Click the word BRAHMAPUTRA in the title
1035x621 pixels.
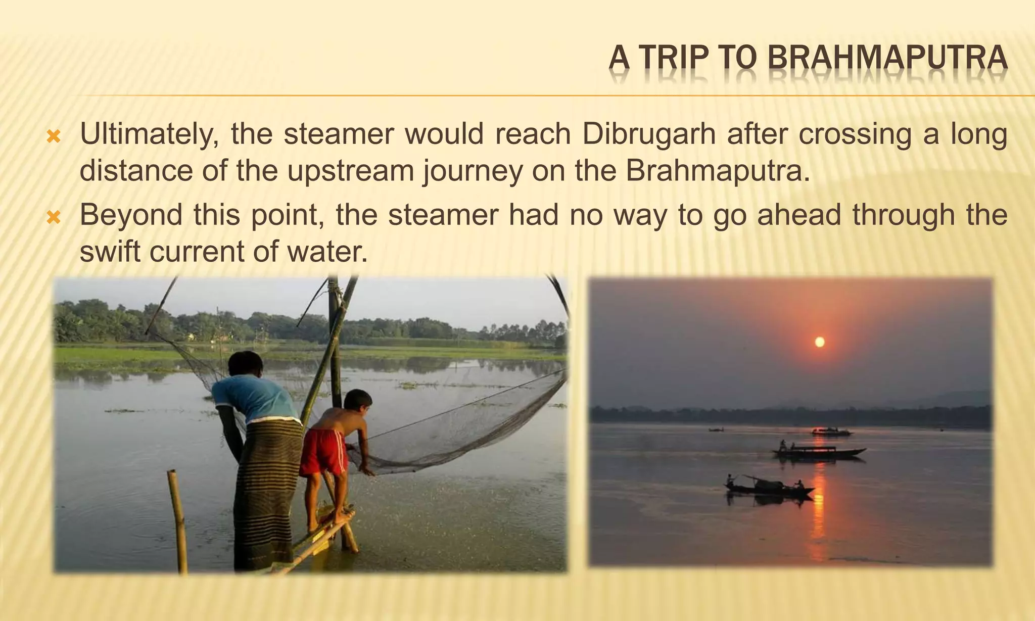coord(887,58)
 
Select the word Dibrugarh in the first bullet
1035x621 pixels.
coord(649,134)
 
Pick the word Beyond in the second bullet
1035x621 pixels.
coord(131,215)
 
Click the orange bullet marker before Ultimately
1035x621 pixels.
coord(54,136)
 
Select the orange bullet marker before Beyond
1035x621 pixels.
coord(54,217)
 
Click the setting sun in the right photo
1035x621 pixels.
coord(820,342)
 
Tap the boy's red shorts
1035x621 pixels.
coord(323,451)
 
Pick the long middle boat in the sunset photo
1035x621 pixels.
coord(819,452)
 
